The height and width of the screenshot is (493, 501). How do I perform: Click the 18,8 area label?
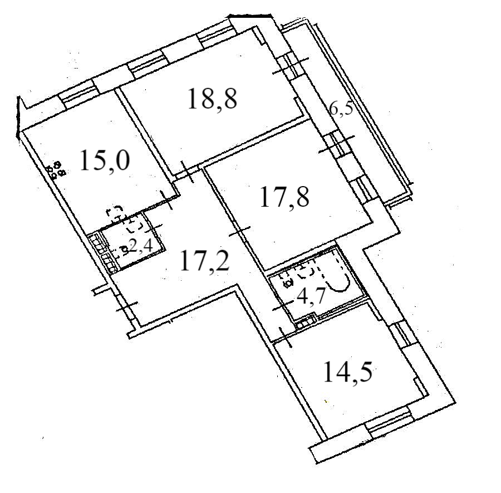coord(212,100)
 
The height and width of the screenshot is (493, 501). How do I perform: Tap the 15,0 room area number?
coord(105,161)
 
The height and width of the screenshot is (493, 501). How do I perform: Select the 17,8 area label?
coord(284,197)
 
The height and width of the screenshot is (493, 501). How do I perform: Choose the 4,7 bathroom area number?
coord(311,295)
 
